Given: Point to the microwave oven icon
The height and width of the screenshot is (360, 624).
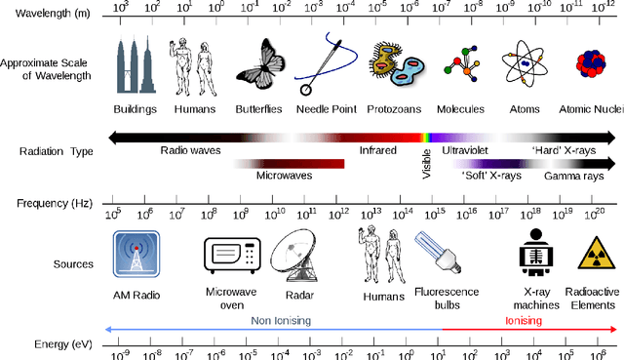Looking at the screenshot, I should coord(232,256).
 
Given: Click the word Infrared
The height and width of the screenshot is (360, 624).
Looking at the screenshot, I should coord(377,151).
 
